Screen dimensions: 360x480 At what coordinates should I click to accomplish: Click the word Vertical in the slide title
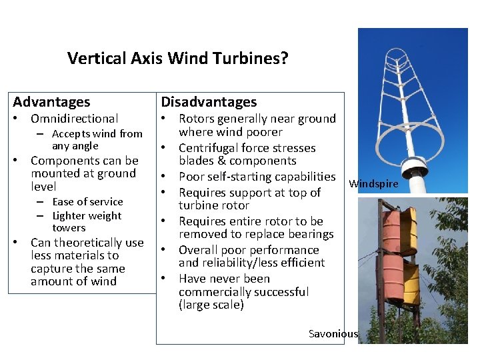pyautogui.click(x=93, y=59)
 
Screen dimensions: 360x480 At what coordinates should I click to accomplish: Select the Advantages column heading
pyautogui.click(x=51, y=102)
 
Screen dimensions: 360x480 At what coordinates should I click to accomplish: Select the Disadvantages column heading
pyautogui.click(x=208, y=102)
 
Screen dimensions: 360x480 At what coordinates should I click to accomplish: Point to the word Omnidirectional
pyautogui.click(x=74, y=119)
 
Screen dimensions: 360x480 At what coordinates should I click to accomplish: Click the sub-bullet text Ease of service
pyautogui.click(x=87, y=201)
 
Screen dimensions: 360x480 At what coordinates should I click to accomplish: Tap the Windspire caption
pyautogui.click(x=373, y=183)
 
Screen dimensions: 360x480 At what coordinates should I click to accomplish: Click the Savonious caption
pyautogui.click(x=333, y=333)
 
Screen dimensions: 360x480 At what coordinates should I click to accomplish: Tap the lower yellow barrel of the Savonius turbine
pyautogui.click(x=409, y=284)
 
